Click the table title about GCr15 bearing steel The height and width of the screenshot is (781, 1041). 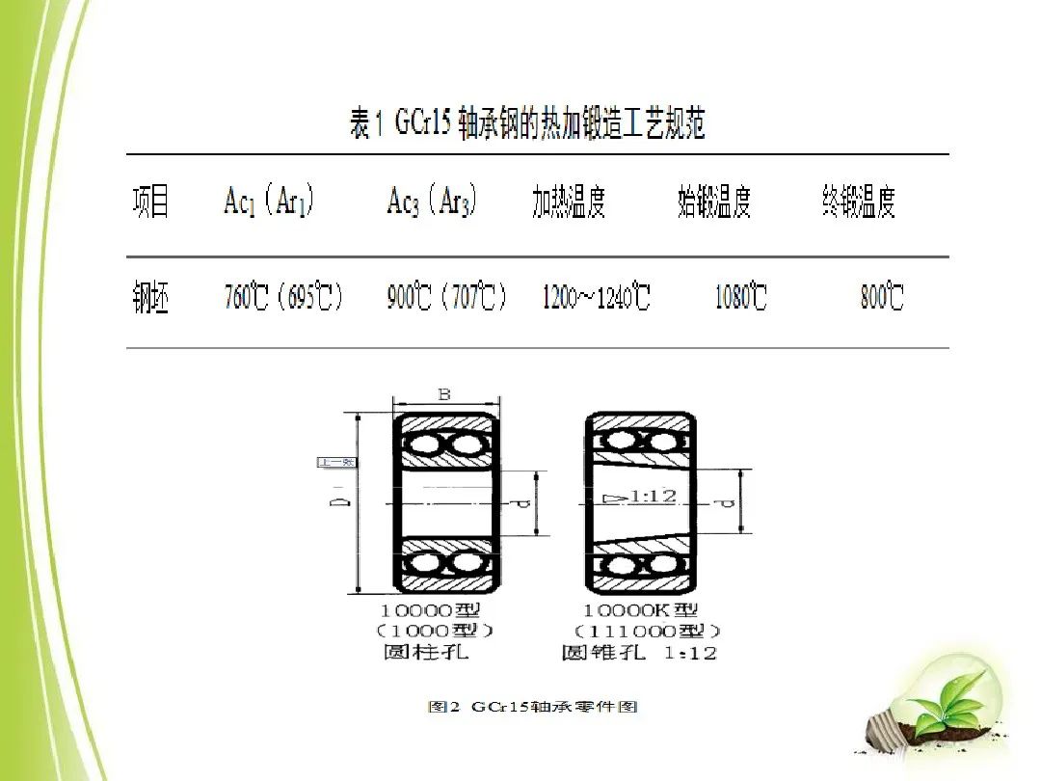[527, 125]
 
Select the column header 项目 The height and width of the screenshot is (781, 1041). [151, 202]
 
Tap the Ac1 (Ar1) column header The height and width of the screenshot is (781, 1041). [269, 202]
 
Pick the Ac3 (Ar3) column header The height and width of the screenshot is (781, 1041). [432, 202]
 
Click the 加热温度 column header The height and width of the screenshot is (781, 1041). [569, 202]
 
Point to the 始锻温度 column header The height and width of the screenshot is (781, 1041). [713, 202]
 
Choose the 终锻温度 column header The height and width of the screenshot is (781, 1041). [859, 202]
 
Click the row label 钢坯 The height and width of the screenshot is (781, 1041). [151, 299]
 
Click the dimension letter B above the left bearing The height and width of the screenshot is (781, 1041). [443, 393]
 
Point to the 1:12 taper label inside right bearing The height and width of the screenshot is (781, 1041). [652, 497]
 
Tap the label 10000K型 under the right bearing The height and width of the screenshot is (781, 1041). [640, 610]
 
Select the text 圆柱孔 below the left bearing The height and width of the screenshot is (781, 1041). [425, 653]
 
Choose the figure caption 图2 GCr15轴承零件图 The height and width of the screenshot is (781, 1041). [532, 707]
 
